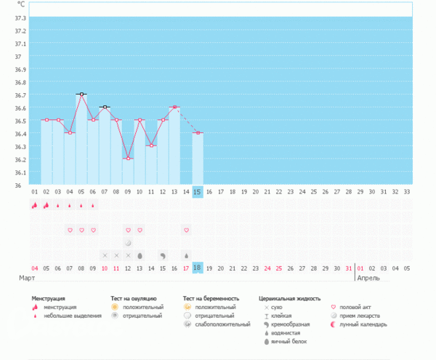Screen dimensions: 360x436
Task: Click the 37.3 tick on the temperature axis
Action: (19, 17)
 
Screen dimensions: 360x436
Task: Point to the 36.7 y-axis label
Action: (19, 95)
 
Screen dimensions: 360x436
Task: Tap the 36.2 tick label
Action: (19, 159)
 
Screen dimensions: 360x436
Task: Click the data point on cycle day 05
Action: (81, 94)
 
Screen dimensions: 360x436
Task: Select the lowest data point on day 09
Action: (128, 159)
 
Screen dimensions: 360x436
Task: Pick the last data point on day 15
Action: (198, 132)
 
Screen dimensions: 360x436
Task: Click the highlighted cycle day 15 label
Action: (198, 191)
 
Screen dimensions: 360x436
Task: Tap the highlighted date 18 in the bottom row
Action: (198, 268)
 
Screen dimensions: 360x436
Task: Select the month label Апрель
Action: (368, 279)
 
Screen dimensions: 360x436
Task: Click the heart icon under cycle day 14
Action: (187, 230)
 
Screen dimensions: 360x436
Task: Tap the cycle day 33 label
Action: (407, 191)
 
